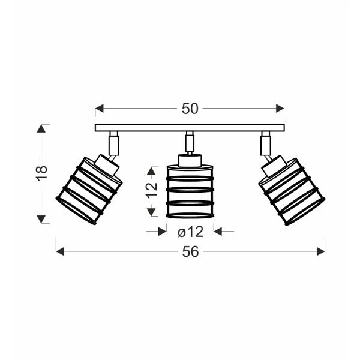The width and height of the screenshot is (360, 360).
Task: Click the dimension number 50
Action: pos(190,109)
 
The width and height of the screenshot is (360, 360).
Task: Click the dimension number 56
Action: pos(190,251)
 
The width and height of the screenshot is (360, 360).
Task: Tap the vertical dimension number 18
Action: pos(42,173)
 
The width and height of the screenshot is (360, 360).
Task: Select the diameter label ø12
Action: pos(191,232)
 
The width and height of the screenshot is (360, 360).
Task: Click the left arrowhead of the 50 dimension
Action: pos(100,109)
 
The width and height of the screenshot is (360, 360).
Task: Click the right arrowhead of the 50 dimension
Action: pos(280,109)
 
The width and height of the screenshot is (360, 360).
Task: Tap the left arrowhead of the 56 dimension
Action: pos(60,251)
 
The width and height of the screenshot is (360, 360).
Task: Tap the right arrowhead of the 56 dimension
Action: pos(321,251)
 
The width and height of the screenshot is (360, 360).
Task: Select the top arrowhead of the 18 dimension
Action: pos(41,128)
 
